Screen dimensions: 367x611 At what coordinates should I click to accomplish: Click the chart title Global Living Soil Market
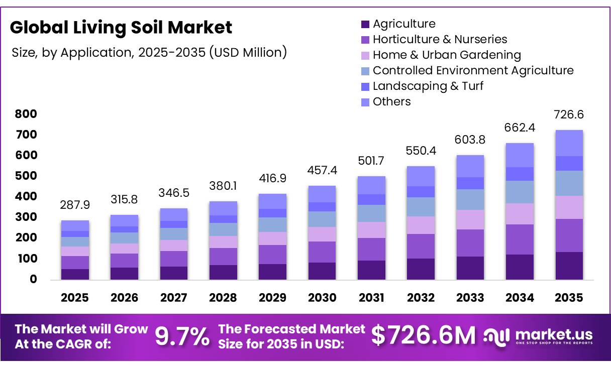121,27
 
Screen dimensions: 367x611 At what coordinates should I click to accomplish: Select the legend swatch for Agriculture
365,24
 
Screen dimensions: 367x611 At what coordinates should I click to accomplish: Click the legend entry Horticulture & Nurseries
440,39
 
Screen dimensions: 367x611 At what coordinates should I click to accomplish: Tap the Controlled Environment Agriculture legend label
473,70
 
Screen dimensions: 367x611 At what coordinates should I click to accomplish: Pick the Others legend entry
391,101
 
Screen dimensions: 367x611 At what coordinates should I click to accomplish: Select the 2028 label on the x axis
223,298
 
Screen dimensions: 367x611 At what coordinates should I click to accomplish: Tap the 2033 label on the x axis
470,298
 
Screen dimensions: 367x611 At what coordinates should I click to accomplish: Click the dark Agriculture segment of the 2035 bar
569,266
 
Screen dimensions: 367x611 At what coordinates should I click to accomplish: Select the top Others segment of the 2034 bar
520,155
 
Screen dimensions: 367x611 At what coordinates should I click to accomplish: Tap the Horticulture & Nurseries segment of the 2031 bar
371,249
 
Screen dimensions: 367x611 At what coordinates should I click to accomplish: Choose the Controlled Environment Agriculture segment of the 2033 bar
470,199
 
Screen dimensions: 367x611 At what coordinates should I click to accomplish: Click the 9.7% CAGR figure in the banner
182,336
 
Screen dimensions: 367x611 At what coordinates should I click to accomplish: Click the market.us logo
539,336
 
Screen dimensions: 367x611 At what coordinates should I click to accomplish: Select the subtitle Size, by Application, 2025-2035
149,52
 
